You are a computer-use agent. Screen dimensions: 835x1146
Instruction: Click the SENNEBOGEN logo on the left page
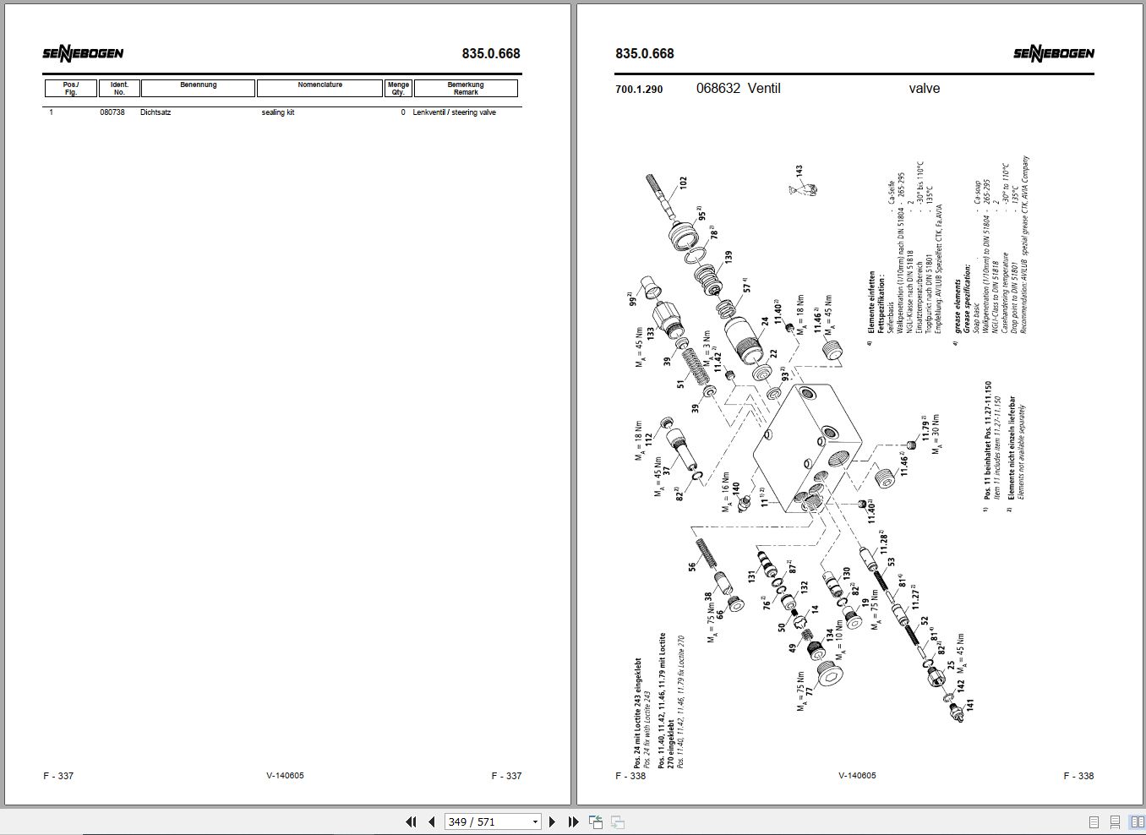click(83, 54)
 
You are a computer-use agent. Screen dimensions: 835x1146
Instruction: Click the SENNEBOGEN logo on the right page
click(1053, 54)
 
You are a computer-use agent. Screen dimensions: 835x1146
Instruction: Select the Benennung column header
click(198, 87)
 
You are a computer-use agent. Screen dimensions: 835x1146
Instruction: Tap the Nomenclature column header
click(319, 87)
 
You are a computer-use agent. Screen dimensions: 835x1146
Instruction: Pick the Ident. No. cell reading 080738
click(112, 112)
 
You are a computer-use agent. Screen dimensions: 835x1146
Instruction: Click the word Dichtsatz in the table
click(156, 112)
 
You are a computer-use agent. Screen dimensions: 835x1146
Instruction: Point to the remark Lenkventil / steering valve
click(454, 112)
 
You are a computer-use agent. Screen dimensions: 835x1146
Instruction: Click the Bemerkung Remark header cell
click(465, 88)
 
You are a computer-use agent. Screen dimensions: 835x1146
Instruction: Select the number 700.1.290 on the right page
click(639, 89)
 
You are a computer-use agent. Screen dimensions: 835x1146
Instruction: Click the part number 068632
click(718, 88)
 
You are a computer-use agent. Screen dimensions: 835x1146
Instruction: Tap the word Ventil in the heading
click(764, 88)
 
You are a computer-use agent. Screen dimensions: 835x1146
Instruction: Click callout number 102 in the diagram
click(683, 182)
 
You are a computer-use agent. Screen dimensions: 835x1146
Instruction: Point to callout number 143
click(799, 172)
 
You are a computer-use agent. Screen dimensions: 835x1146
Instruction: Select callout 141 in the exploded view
click(969, 703)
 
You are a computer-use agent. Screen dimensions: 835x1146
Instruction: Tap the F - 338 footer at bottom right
click(1078, 776)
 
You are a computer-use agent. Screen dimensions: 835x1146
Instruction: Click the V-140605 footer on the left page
click(285, 776)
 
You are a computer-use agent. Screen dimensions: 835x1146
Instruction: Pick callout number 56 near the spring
click(692, 567)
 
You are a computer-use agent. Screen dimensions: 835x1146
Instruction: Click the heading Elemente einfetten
click(871, 302)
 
